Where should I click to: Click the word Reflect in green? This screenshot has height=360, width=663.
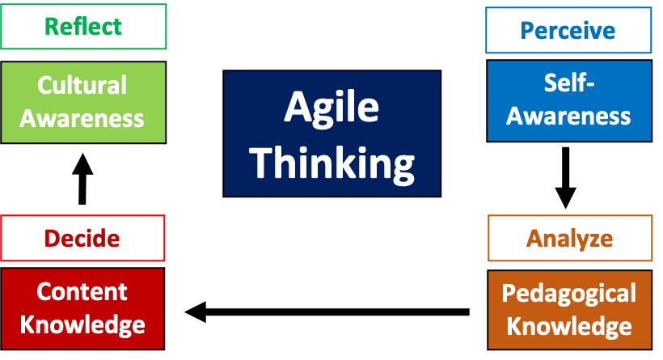[82, 26]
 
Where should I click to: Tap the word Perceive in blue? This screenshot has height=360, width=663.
[568, 31]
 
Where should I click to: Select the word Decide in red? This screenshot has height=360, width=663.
[82, 239]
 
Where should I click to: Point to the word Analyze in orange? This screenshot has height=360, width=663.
[569, 239]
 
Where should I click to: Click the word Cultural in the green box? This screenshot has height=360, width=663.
[82, 85]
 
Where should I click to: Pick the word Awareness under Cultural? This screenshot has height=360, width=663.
[82, 118]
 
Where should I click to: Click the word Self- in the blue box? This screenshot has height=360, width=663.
[568, 82]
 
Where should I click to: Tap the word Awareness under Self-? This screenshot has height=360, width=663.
[568, 116]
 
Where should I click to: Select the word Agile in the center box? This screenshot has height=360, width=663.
[331, 108]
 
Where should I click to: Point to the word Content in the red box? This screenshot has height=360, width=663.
[82, 291]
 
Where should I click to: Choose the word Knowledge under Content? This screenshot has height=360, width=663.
[82, 325]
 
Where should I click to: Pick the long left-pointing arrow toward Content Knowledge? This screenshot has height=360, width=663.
[327, 311]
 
